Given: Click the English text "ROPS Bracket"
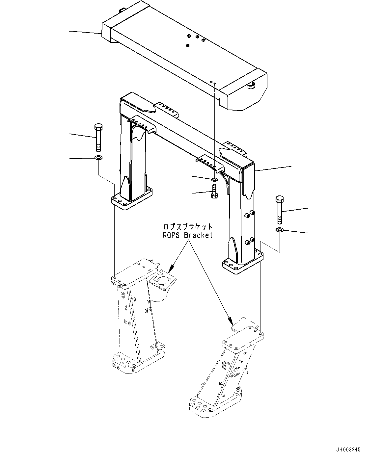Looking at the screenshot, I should point(188,235).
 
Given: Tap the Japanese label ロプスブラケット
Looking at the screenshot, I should point(188,227).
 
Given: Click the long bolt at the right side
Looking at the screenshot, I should point(279,209).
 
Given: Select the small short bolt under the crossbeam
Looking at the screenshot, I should point(213,192).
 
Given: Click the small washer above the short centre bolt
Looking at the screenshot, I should point(214,179).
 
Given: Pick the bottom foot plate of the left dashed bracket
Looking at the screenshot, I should point(138,361).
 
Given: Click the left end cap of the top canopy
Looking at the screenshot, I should point(107,32).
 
